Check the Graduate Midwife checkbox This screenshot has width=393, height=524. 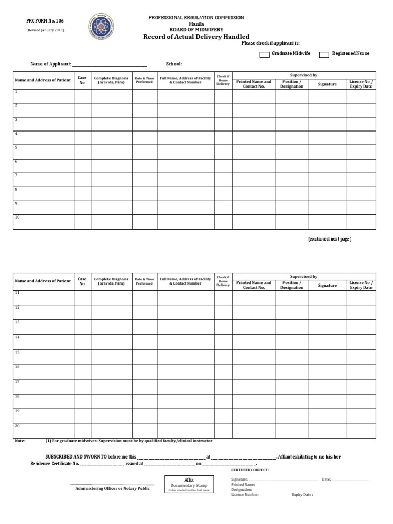click(265, 54)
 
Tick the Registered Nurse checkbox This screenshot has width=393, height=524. click(324, 54)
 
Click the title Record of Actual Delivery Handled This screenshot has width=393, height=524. click(196, 37)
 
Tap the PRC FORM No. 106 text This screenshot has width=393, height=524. click(46, 21)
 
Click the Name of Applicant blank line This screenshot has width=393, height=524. click(110, 65)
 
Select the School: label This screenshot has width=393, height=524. click(174, 64)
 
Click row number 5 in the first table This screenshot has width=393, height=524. click(16, 147)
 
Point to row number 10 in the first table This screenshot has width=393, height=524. click(17, 217)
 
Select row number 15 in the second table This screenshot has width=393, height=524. click(17, 352)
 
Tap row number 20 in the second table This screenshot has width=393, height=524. click(17, 426)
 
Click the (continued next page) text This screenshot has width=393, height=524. click(329, 239)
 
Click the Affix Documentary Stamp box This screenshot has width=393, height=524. click(189, 484)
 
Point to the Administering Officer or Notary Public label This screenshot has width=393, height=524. click(113, 488)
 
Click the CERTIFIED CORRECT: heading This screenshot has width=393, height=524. click(250, 470)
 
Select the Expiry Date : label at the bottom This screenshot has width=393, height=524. click(302, 495)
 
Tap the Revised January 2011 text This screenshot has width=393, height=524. click(46, 30)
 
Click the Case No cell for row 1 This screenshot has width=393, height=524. click(82, 96)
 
